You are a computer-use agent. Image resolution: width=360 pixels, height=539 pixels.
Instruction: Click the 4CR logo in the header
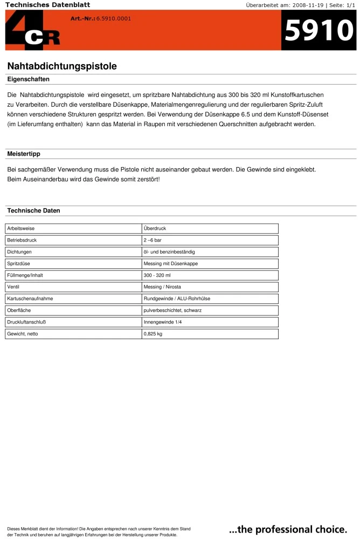tap(32, 31)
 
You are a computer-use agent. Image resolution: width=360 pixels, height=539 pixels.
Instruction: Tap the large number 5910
tap(319, 31)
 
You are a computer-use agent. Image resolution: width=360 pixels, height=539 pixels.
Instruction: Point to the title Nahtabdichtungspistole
tap(62, 66)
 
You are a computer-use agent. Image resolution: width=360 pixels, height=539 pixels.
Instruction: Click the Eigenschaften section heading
tap(28, 79)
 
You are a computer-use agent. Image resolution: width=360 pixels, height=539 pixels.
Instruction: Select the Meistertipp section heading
tap(24, 154)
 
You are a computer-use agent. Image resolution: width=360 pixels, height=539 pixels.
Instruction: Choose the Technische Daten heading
tap(33, 211)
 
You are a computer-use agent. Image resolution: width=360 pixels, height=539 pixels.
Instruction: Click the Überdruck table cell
tap(155, 229)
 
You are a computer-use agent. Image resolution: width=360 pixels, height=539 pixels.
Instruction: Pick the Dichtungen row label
tap(19, 252)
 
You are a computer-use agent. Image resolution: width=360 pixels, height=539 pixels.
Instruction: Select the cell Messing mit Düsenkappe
tap(170, 264)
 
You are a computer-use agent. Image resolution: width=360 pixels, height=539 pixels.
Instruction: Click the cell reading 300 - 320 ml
tap(157, 275)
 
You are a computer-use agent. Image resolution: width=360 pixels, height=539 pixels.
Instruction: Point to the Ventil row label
tap(13, 287)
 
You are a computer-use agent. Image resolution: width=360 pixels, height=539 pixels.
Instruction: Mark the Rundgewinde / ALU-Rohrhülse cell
tap(177, 299)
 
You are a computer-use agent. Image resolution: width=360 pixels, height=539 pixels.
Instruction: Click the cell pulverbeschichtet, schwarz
tap(172, 311)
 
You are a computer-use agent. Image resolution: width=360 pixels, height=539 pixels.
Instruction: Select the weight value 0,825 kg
tap(153, 334)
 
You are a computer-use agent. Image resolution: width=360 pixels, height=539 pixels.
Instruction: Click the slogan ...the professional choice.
tap(288, 529)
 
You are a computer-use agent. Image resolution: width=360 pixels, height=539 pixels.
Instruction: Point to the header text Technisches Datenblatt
tap(47, 5)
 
